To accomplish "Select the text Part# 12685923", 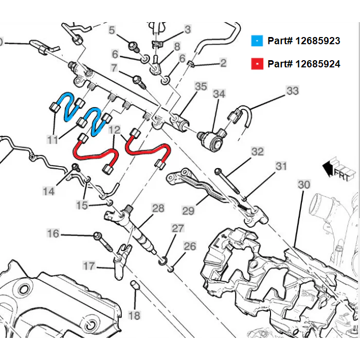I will pyautogui.click(x=303, y=41).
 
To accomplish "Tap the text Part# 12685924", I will pyautogui.click(x=303, y=64).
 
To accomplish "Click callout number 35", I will pyautogui.click(x=201, y=86).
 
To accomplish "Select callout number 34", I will pyautogui.click(x=219, y=94).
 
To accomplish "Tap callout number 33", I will pyautogui.click(x=292, y=91).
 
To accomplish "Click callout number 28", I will pyautogui.click(x=158, y=208).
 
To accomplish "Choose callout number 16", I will pyautogui.click(x=53, y=234).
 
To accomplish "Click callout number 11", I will pyautogui.click(x=53, y=139).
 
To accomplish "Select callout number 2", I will pyautogui.click(x=223, y=63).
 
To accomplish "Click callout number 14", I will pyautogui.click(x=48, y=191).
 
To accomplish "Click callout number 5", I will pyautogui.click(x=112, y=30).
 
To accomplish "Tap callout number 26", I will pyautogui.click(x=190, y=246).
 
